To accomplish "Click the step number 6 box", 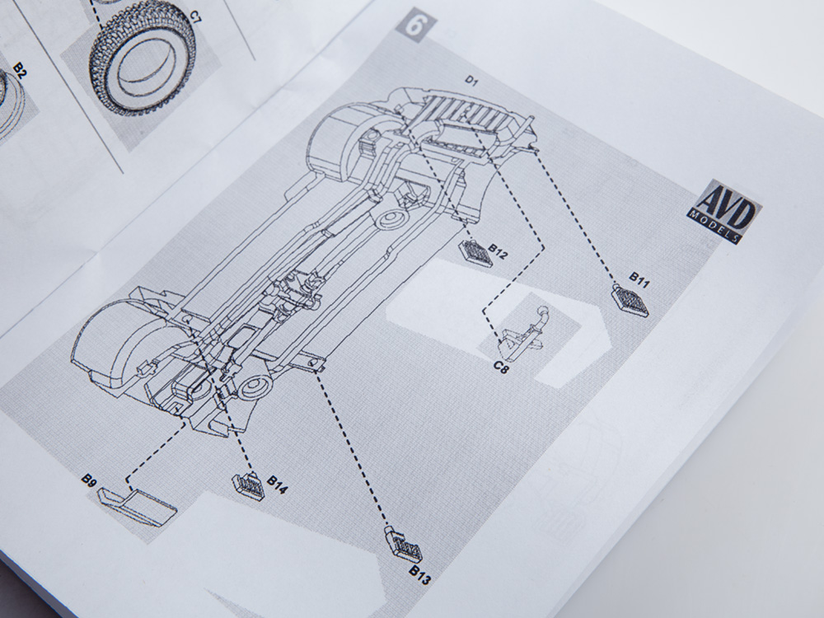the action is click(x=415, y=24).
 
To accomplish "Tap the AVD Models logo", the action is click(x=725, y=211).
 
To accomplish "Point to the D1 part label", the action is click(x=471, y=80).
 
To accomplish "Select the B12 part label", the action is click(x=499, y=251).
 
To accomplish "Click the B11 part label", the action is click(x=639, y=280).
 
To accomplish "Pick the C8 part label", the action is click(x=502, y=367).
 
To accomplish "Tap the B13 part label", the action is click(x=420, y=575).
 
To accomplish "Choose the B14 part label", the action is click(x=278, y=485).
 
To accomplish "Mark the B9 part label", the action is click(x=89, y=480).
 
